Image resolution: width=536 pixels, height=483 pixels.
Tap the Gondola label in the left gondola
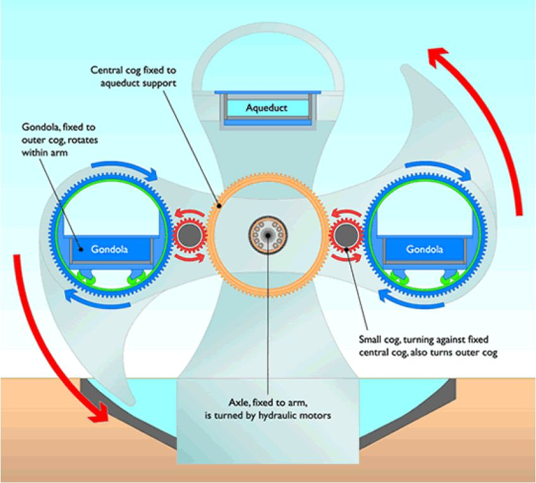coord(109,248)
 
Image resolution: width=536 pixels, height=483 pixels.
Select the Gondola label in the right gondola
coord(425,248)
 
